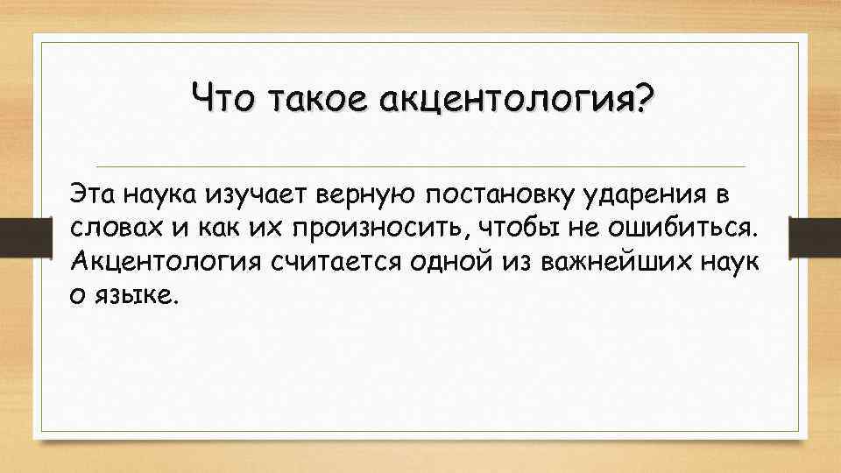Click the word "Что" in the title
coord(223,100)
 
